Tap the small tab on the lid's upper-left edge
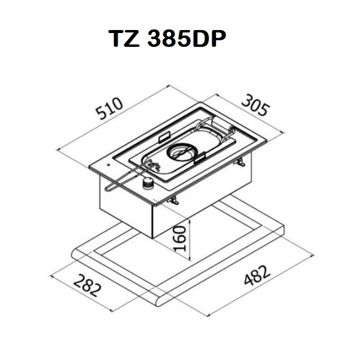point(164,135)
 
